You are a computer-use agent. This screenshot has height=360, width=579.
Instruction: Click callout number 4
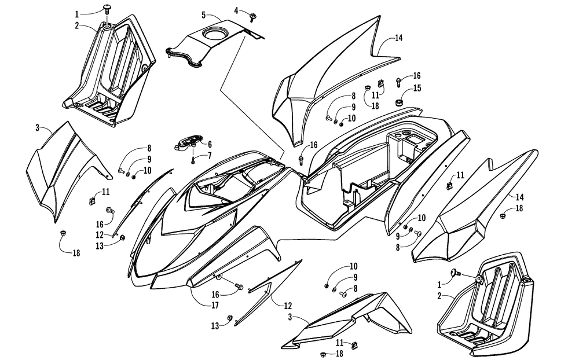pos(236,10)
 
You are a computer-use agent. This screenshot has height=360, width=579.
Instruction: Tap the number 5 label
pos(204,14)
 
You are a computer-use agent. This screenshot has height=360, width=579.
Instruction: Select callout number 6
pos(209,144)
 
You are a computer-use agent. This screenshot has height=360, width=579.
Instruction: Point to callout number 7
pos(210,155)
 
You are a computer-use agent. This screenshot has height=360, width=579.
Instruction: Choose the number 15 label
pos(417,88)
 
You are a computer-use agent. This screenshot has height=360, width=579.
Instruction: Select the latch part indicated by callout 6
pos(186,142)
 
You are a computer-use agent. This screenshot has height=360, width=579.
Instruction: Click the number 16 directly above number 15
pos(417,76)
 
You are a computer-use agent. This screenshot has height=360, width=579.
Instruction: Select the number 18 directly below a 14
pos(519,208)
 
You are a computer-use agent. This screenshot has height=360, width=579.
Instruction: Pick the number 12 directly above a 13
pos(100,234)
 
